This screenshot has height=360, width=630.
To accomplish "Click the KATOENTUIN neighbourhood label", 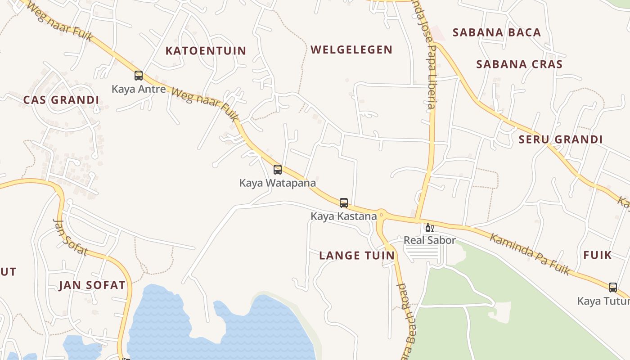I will tap(206, 51).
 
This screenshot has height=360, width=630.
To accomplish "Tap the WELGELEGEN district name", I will tap(351, 49).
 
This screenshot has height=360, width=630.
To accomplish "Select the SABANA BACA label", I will tap(496, 32).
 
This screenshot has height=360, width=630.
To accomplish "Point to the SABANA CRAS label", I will tap(519, 64).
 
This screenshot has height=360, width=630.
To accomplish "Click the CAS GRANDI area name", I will tap(61, 100).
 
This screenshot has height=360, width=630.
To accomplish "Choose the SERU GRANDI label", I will tap(560, 139).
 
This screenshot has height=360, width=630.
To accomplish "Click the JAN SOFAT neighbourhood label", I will tap(92, 285).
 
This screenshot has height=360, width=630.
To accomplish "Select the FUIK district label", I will tap(598, 255).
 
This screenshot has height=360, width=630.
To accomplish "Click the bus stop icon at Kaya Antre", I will tap(139, 76).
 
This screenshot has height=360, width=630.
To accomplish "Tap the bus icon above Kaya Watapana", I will tap(278, 170).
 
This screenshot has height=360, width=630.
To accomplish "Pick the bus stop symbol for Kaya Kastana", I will tap(344, 203).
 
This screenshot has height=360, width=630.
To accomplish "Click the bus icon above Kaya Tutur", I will tap(612, 288).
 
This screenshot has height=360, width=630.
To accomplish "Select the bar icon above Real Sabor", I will tap(429, 228).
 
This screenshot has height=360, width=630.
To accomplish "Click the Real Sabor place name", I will tap(429, 240).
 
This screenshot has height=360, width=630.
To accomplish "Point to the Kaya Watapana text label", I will tap(277, 183).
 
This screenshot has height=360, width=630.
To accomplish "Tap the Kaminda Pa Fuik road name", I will tap(530, 254).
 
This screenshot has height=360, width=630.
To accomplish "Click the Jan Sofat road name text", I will tap(70, 237).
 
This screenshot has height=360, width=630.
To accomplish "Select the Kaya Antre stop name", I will tap(139, 89).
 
